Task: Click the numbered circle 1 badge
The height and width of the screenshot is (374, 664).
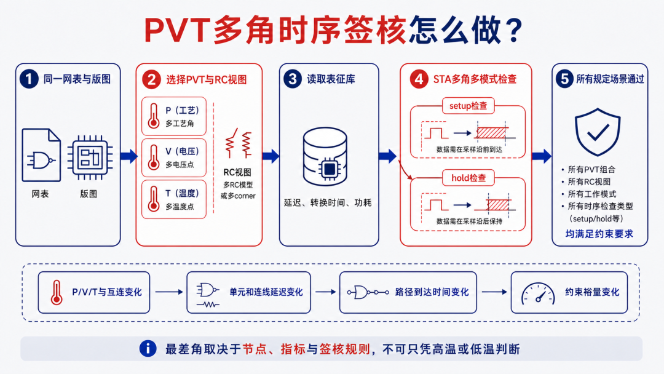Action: click(29, 79)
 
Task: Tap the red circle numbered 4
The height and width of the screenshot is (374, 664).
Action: click(419, 79)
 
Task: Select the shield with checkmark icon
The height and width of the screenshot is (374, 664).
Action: click(598, 132)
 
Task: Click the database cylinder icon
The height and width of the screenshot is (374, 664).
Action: click(325, 157)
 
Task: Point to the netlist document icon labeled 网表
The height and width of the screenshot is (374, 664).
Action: click(41, 155)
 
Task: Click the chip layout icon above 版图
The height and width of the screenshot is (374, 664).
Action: click(90, 157)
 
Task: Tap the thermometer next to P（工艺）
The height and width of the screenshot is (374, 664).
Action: click(154, 116)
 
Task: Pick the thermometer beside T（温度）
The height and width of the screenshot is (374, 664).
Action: click(154, 199)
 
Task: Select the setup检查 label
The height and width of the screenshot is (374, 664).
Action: click(468, 106)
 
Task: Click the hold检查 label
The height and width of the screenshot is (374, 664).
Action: click(468, 178)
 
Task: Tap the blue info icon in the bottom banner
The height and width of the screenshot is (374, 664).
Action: click(148, 349)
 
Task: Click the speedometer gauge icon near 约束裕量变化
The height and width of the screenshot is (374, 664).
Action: click(538, 293)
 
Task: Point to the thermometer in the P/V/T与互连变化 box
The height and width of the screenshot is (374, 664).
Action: click(57, 292)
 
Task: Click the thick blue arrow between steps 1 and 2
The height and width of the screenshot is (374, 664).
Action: click(128, 156)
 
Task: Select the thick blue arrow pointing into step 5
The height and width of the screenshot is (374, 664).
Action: click(542, 156)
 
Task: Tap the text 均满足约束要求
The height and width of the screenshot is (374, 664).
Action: click(599, 234)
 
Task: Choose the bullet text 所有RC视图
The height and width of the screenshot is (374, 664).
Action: click(589, 181)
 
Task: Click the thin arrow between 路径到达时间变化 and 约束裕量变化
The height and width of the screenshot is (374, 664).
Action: click(494, 292)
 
